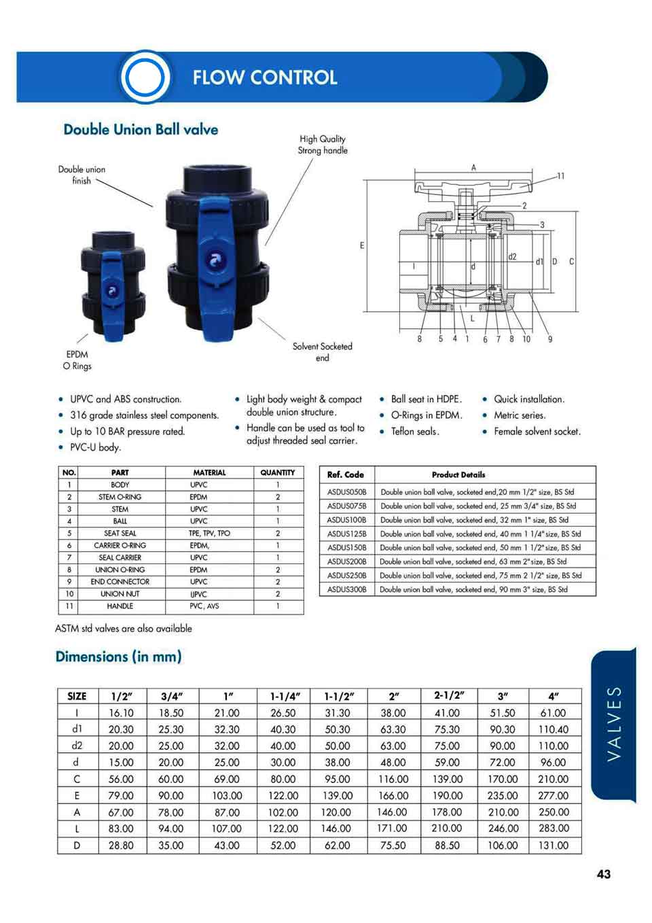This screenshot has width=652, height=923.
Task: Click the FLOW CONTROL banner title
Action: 264,77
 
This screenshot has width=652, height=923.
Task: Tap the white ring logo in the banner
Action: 145,77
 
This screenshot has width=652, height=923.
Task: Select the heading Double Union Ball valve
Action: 141,130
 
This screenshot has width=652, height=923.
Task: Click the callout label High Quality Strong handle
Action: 323,145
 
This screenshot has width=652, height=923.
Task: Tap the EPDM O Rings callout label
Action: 77,360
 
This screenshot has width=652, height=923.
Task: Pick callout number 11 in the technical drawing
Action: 560,176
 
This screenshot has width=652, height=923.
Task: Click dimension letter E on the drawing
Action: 362,245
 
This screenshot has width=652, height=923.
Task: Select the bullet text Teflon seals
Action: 415,432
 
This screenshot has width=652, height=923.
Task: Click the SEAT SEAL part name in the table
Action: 120,534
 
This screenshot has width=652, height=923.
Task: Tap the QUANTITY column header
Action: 278,472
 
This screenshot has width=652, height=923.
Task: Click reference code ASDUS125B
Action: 346,534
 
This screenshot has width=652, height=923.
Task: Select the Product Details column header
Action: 458,474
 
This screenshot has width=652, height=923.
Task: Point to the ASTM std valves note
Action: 124,629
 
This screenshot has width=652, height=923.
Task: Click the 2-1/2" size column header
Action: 449,695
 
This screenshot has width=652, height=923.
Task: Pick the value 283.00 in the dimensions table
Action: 554,829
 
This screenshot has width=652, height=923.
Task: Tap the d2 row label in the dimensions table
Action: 77,746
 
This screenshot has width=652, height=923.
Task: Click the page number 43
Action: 603,875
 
